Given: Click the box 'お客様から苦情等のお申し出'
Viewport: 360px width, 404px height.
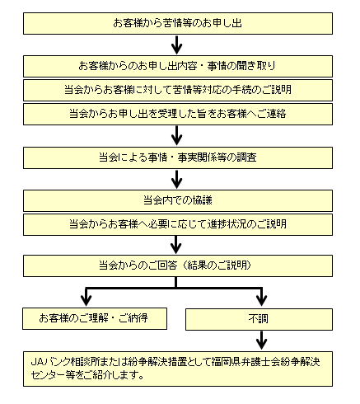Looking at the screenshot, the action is click(x=178, y=23).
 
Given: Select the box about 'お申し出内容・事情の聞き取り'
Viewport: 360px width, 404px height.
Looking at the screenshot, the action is click(x=178, y=66).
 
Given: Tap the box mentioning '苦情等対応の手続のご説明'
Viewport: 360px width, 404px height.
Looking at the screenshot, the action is click(x=178, y=90).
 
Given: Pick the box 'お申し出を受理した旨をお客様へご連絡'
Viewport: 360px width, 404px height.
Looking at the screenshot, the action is click(x=178, y=114).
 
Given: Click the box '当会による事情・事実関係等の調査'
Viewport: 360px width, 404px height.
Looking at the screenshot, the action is click(x=178, y=157).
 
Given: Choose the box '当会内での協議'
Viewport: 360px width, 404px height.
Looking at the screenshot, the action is click(x=178, y=200).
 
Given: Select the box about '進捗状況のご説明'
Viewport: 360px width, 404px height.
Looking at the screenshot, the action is click(x=178, y=224).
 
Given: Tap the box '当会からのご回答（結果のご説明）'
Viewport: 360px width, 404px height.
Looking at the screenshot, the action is click(x=178, y=265).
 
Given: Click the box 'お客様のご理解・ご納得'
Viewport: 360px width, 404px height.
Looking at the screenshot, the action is click(x=95, y=318).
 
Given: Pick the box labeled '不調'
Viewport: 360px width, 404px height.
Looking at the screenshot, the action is click(x=259, y=319).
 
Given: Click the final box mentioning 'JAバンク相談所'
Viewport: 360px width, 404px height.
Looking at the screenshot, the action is click(x=178, y=369).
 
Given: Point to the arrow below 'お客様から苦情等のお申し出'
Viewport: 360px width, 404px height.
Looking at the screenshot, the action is click(x=177, y=45).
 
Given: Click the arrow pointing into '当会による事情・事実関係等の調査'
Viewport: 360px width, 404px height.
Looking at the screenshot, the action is click(x=177, y=136).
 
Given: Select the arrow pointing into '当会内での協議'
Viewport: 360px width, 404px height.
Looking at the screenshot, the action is click(x=177, y=179).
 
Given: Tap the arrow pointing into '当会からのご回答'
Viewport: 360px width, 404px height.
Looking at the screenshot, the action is click(x=176, y=245).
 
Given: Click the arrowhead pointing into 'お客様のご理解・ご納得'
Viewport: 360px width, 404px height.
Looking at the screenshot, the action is click(x=86, y=301).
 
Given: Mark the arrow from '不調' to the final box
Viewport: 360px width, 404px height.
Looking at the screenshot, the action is click(x=261, y=341).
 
